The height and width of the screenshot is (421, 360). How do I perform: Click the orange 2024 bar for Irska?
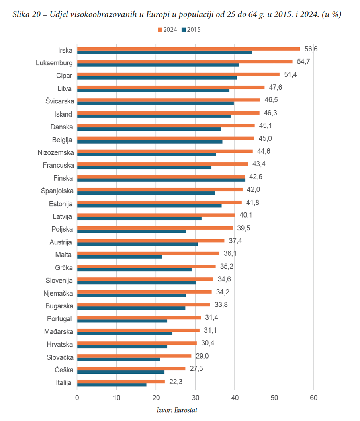pos(188,49)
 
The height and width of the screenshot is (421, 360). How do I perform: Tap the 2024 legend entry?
pos(167,30)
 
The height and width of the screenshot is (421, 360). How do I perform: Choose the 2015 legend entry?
pos(191,30)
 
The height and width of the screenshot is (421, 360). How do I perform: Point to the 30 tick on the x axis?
pos(195,398)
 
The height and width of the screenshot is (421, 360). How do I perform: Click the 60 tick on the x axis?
pos(313,398)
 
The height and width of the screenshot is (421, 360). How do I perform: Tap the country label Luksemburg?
pos(54,63)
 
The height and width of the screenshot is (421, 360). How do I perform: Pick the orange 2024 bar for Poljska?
pos(155,228)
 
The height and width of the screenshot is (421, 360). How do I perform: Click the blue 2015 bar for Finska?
pos(161,180)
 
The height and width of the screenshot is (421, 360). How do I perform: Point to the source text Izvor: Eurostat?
pos(177,410)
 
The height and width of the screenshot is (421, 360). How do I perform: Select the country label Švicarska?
pos(59,101)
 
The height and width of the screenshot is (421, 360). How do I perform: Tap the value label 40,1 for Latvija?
pos(246,215)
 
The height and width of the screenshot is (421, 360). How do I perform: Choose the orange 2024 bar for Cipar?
pos(178,74)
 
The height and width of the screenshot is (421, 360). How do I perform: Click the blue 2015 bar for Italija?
pos(112,385)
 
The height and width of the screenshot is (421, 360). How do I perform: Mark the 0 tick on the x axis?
pos(77,398)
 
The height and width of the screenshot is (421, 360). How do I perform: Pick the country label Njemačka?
pos(58,294)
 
